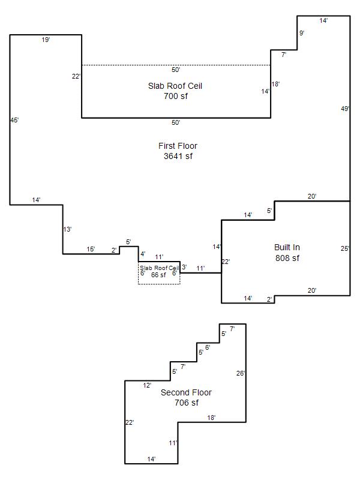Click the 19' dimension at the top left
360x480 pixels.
point(46,40)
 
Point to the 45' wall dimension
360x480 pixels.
point(14,121)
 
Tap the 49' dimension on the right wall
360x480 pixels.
point(346,109)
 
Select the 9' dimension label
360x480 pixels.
point(302,33)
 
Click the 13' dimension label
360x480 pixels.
point(67,229)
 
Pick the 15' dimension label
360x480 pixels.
point(91,249)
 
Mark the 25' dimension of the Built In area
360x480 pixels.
point(345,248)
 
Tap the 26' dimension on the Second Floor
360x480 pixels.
point(241,373)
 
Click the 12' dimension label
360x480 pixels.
point(147,385)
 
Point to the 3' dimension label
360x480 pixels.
point(184,267)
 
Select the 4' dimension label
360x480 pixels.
point(143,254)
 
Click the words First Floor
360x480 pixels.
point(178,146)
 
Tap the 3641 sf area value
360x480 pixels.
point(178,156)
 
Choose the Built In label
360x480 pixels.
point(287,247)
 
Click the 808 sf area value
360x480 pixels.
point(287,258)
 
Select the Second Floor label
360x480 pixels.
point(186,392)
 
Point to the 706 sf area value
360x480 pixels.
point(187,403)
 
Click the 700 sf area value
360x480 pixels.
point(176,96)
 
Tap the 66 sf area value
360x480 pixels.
point(158,275)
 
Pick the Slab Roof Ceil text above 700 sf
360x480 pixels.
point(175,86)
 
